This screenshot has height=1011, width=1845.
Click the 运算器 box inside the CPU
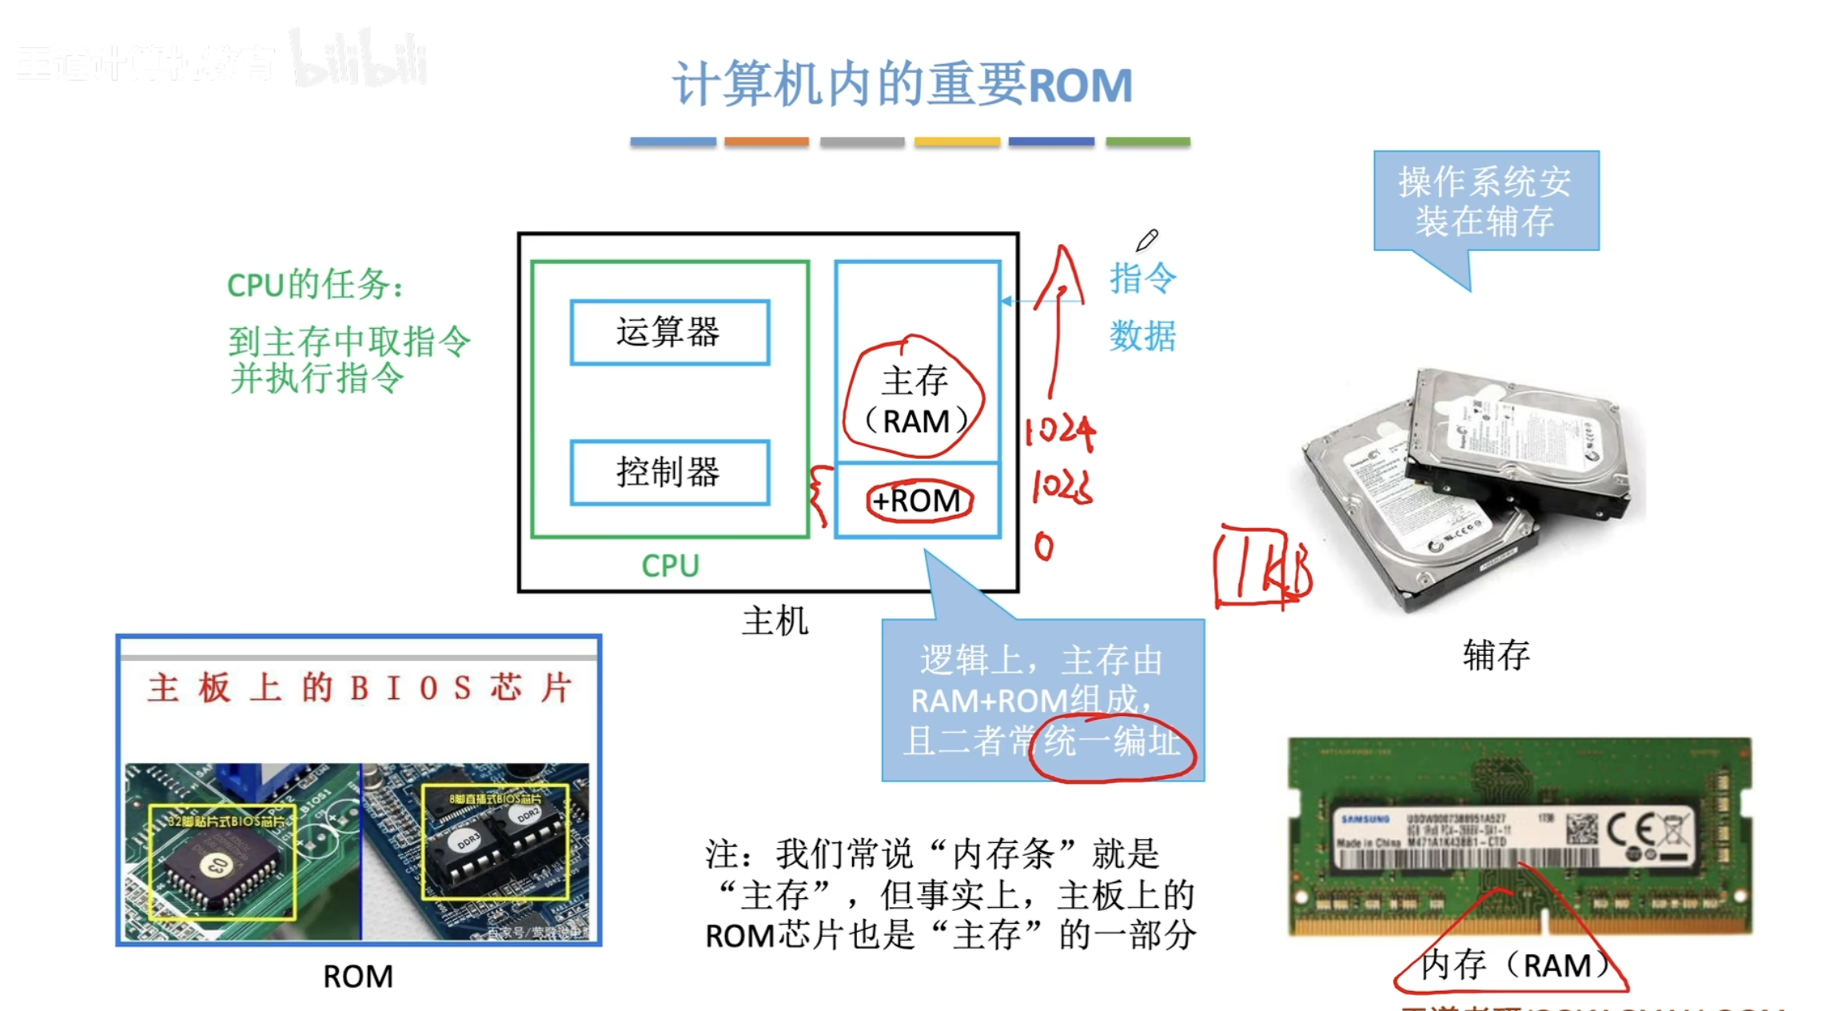click(670, 332)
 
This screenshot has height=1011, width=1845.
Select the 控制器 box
click(670, 472)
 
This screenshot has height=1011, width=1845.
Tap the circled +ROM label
click(919, 501)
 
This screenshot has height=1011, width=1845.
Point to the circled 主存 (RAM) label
click(915, 400)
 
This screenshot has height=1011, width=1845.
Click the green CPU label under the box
click(670, 565)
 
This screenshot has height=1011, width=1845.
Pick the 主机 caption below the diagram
click(775, 621)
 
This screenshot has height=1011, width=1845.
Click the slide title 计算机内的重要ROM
click(902, 85)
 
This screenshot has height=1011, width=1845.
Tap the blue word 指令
click(1142, 278)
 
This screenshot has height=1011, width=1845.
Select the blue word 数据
click(1142, 336)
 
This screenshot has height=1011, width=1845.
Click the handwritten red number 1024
click(1060, 432)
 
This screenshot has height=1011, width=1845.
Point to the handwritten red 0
click(1043, 547)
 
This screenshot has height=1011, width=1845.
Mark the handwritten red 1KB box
click(1261, 566)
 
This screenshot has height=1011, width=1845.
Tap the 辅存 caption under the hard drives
click(1496, 655)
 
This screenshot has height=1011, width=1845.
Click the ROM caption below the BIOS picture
click(358, 977)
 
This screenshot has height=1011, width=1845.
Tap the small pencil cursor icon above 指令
click(1147, 239)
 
